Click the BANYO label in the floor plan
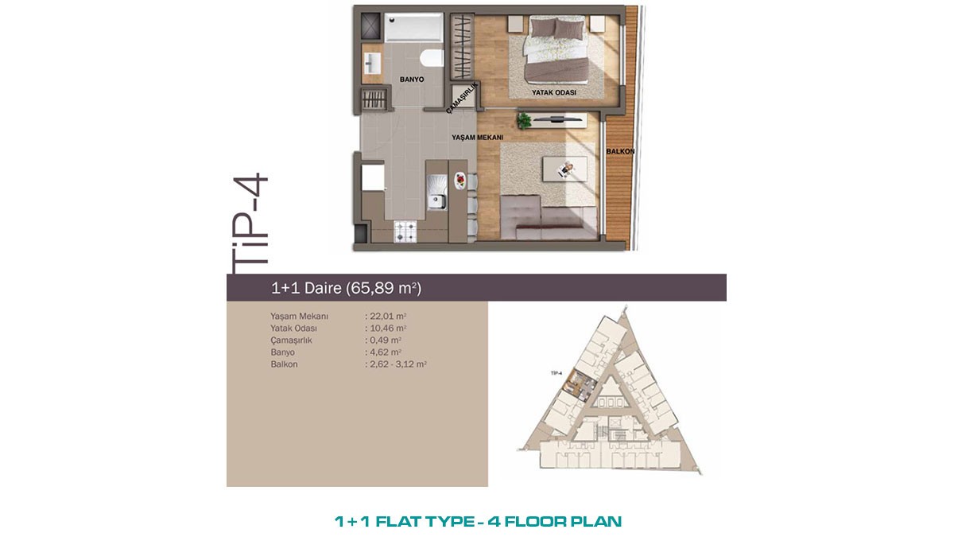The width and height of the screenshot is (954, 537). [412, 80]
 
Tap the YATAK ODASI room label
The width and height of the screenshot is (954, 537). [553, 92]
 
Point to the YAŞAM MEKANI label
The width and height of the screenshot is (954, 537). [478, 137]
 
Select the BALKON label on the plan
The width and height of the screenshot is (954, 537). [620, 151]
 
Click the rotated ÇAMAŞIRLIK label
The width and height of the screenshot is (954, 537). [462, 99]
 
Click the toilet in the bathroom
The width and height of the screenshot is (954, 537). [432, 58]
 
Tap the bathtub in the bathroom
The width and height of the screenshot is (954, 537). [413, 27]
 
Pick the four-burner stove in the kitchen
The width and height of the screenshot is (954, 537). [405, 231]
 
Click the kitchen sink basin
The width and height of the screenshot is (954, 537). [436, 201]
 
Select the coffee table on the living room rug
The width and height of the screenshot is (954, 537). [564, 169]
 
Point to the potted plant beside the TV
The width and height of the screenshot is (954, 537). [524, 121]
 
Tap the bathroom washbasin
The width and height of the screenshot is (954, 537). [372, 64]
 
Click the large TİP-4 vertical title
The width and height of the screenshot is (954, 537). [251, 224]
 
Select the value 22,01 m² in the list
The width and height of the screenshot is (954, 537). [386, 317]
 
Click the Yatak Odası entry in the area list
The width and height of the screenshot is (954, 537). [293, 328]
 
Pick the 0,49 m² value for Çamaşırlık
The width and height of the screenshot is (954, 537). [383, 340]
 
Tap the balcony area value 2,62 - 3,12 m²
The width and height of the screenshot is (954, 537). [396, 364]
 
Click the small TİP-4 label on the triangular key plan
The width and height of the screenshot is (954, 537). [556, 373]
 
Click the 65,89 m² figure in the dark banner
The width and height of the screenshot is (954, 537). [383, 288]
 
